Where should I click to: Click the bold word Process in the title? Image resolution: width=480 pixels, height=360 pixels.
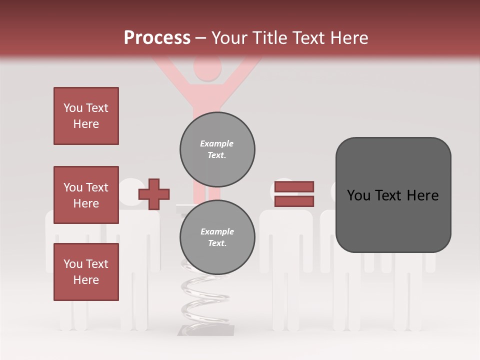pos(157,38)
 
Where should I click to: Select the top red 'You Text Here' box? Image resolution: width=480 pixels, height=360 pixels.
pos(86,116)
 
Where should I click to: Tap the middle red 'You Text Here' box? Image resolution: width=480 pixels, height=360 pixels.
pos(86,195)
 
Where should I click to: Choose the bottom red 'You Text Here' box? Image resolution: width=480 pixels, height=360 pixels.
pos(86,272)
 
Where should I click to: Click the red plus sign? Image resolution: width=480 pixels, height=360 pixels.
pos(154,194)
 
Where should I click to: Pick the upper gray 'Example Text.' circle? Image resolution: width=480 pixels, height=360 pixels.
pos(217,149)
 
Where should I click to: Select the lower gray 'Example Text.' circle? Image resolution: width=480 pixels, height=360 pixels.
pos(217,237)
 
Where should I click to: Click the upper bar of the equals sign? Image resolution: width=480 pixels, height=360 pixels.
pos(294,186)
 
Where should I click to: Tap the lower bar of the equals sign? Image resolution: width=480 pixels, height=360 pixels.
pos(294,201)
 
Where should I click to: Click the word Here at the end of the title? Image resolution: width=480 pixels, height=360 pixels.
pos(348,38)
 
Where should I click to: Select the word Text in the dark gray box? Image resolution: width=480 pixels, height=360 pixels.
pos(393,195)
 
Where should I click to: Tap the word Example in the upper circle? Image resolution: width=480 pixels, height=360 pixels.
pos(216,143)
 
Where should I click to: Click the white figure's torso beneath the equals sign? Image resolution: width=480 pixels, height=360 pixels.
pos(286,235)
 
